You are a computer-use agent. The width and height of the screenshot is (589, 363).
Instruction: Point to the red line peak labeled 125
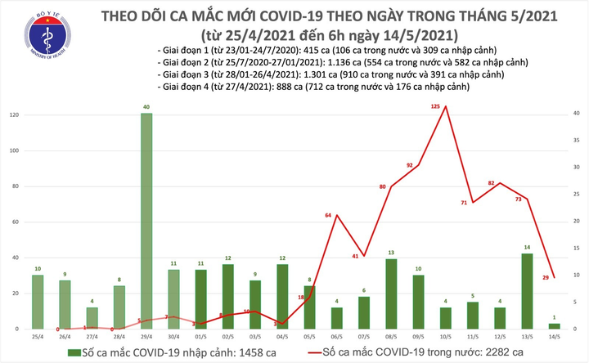click(444, 107)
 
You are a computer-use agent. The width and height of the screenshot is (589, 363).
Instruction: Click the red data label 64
click(329, 214)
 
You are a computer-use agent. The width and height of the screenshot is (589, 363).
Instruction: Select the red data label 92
click(411, 166)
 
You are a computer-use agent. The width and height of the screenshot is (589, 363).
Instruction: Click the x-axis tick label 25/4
click(38, 337)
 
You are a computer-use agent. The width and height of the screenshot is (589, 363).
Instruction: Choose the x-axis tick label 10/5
click(444, 337)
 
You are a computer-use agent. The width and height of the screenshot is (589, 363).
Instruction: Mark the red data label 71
click(464, 202)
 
